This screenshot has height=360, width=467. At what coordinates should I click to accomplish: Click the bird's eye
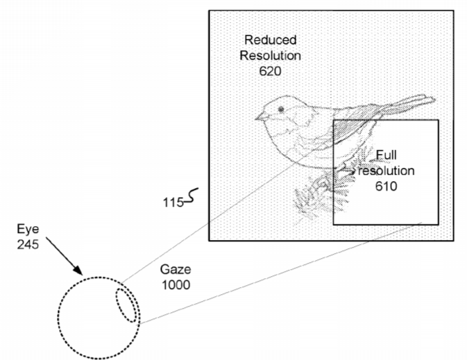coord(281,110)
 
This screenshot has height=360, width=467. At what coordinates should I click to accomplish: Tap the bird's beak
coord(259,117)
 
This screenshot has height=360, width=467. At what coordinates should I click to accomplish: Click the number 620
coord(270,71)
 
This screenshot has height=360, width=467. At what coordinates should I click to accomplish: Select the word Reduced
coord(271,40)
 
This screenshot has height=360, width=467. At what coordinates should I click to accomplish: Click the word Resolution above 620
coord(271,55)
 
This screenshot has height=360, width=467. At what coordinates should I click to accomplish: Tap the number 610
coord(386,187)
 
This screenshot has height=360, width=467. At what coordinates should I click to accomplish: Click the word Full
coord(387,155)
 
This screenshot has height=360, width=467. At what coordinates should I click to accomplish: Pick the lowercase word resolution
coord(387,171)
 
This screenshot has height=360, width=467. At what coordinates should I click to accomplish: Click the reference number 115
coord(173,203)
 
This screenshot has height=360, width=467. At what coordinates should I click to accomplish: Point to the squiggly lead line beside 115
coord(192,196)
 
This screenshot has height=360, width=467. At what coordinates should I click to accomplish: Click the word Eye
coord(28,229)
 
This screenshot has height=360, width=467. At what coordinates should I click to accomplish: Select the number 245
coord(28,244)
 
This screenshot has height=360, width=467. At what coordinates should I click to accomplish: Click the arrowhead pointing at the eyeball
coord(78,270)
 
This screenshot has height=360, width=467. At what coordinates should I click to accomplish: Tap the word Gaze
coord(176,269)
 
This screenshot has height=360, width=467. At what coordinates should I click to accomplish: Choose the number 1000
coord(176,285)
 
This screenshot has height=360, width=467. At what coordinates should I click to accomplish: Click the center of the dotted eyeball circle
coord(99,318)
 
